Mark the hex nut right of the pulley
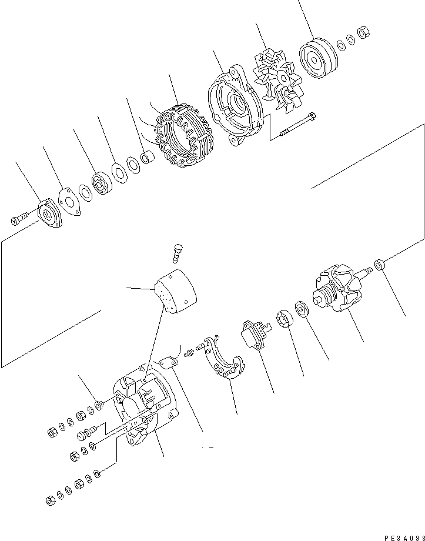(363, 33)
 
